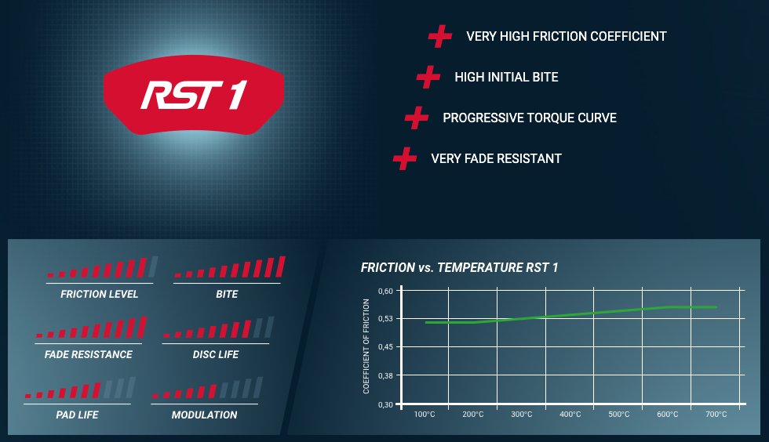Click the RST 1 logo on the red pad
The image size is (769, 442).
[x=194, y=95]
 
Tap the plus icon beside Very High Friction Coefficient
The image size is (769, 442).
[x=440, y=36]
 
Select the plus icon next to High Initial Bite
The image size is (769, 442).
[x=428, y=77]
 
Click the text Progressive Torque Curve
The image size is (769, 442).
[x=530, y=118]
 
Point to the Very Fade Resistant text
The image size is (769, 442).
[x=496, y=159]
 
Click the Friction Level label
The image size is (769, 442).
[x=99, y=294]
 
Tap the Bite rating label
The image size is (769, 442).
[x=227, y=294]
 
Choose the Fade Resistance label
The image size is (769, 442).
[x=88, y=354]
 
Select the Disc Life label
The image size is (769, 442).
[x=215, y=354]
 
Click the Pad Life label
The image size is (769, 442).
[x=77, y=415]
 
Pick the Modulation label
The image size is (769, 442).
[x=205, y=415]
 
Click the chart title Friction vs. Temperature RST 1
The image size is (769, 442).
[x=460, y=267]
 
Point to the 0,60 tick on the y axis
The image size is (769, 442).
[x=385, y=291]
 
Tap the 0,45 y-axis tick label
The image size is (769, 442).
[x=385, y=347]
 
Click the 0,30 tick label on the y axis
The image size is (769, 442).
[x=385, y=404]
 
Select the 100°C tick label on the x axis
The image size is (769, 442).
[x=425, y=415]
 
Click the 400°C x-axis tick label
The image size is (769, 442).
[x=570, y=415]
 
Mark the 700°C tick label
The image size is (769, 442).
[x=716, y=415]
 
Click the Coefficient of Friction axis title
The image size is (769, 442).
[x=366, y=346]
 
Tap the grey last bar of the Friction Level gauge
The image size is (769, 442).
[x=153, y=266]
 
